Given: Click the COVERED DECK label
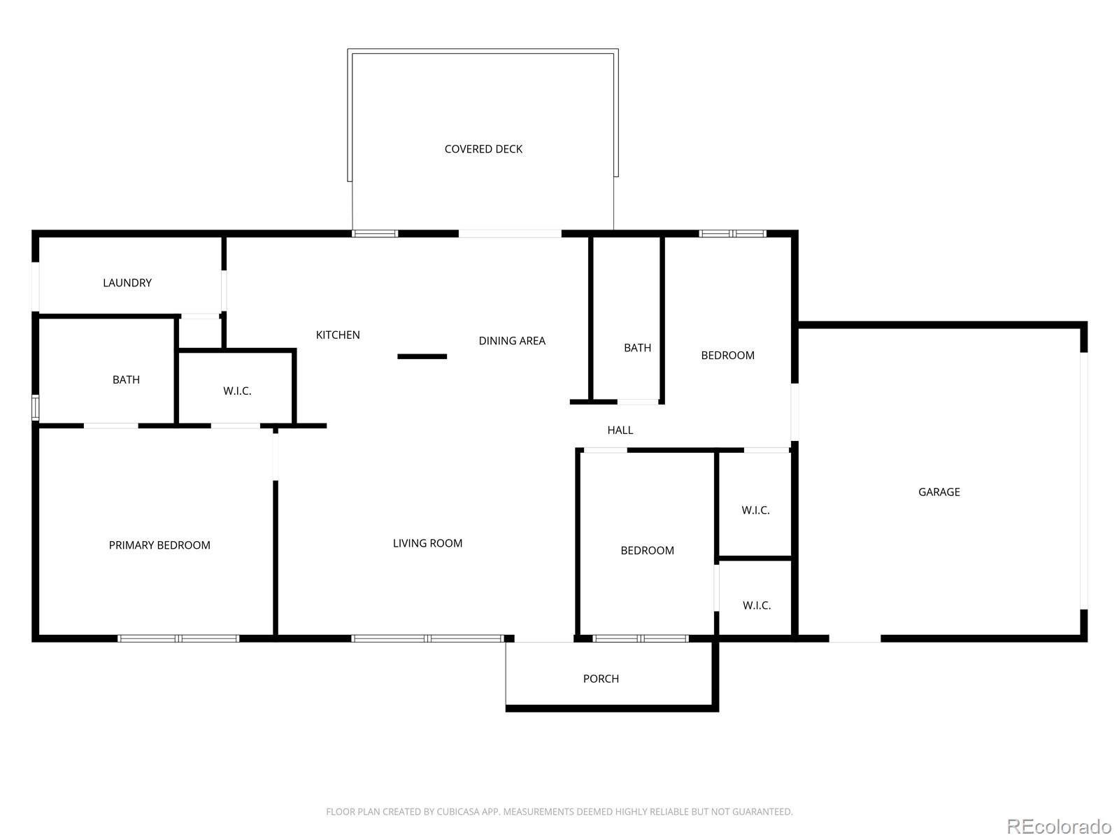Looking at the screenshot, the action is (483, 149).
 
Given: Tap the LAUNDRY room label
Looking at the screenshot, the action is (127, 283).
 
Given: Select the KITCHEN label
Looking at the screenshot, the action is (338, 335).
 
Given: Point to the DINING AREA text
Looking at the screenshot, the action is (511, 341).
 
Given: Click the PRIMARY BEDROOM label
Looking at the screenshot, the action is (159, 545).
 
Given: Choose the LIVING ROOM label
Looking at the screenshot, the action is (427, 543).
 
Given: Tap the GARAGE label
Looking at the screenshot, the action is (939, 491).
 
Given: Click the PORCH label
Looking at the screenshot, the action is (601, 678).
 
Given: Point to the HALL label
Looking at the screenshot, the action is (620, 430).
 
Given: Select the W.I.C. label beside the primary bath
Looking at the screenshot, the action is (237, 391).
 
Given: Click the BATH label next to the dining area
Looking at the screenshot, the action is (637, 347).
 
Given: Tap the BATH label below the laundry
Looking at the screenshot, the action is (126, 379).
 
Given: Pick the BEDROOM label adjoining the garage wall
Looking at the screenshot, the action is (727, 355).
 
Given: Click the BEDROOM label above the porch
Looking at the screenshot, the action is (647, 550).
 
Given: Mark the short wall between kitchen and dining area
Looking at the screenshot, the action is (422, 356).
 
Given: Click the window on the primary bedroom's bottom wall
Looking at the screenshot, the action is (178, 638).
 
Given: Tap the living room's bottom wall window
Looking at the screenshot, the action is (428, 638).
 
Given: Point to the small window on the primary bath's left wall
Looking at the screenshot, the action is (35, 407).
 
